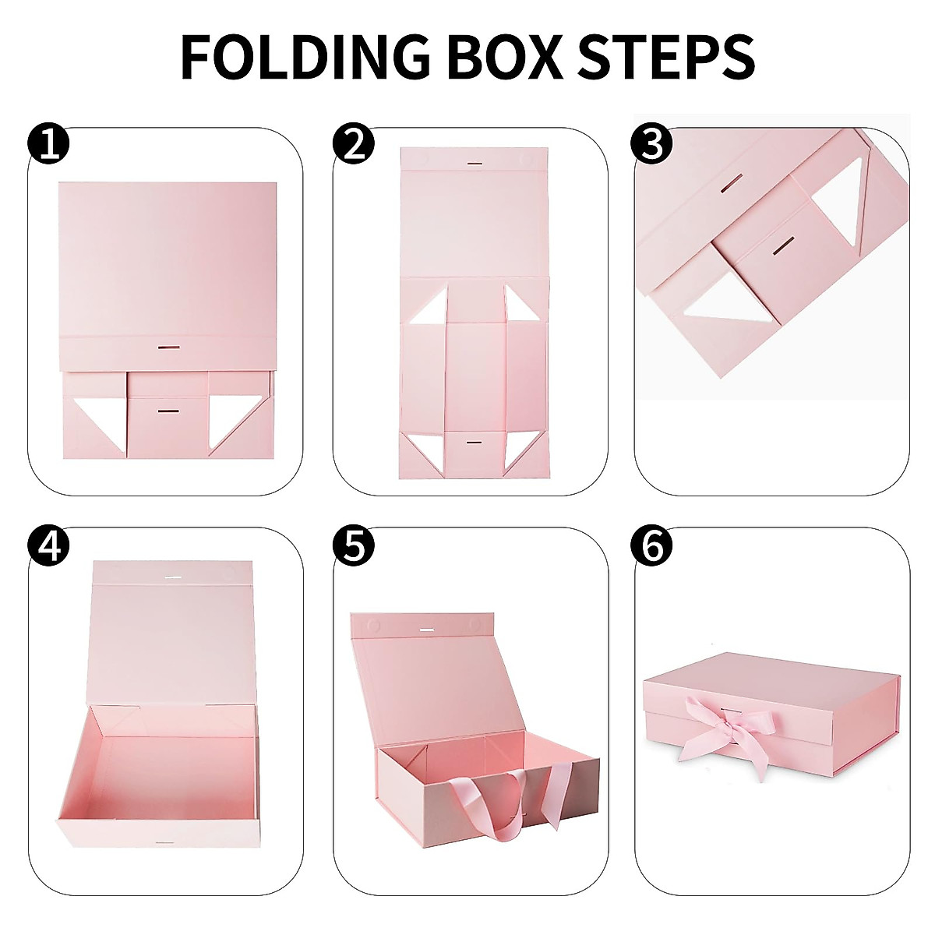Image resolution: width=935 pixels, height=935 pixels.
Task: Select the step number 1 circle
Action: point(48,145)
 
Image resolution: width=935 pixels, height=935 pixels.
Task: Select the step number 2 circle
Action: point(354,145)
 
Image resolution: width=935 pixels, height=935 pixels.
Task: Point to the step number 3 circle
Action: point(653,145)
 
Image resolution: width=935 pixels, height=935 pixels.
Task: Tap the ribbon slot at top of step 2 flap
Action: point(475,164)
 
